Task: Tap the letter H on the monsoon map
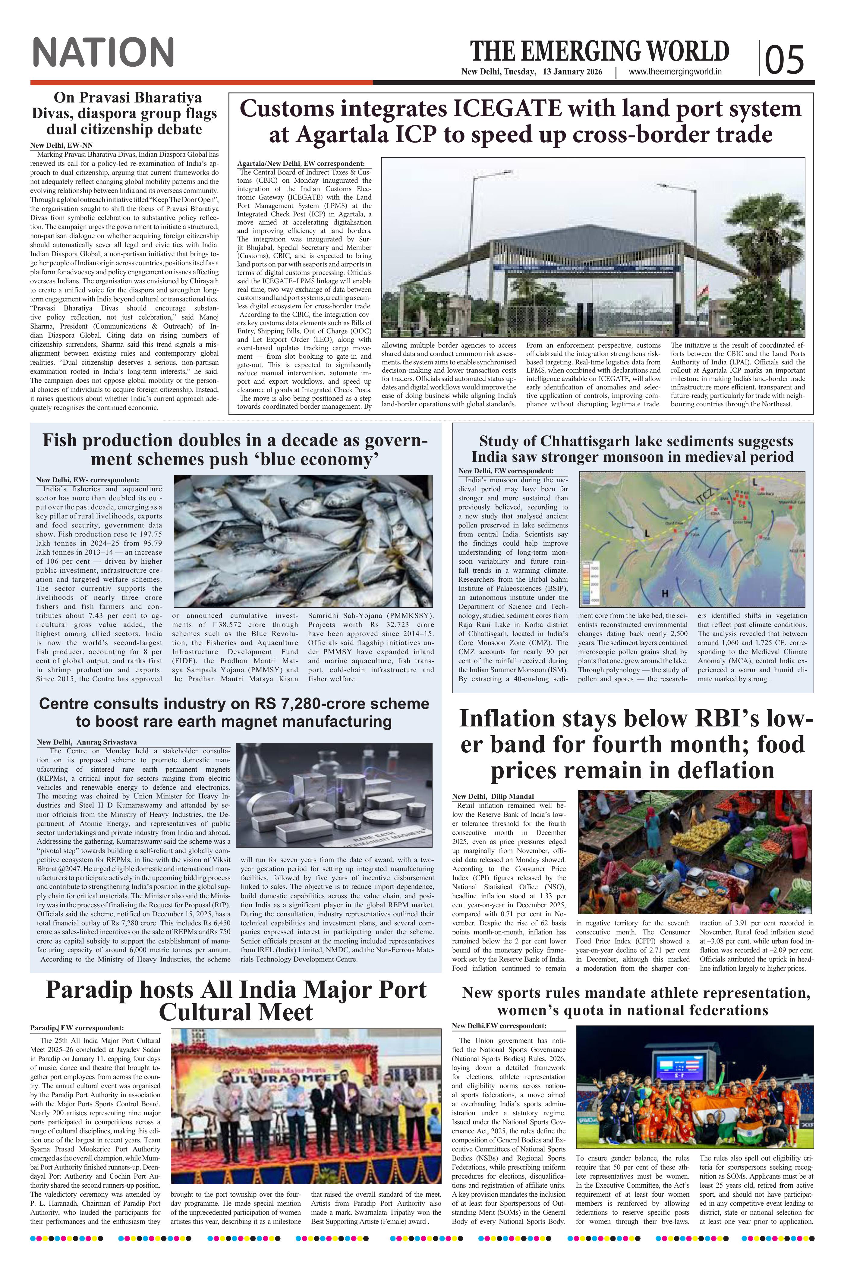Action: pos(665,594)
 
